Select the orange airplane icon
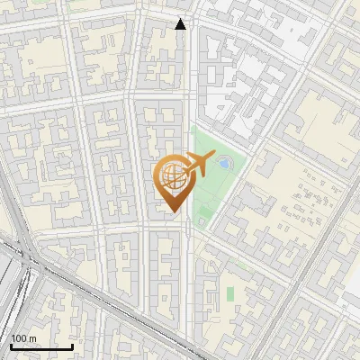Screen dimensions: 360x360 point(195,166)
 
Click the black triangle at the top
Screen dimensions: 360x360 point(181,24)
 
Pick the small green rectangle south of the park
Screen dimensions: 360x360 point(229,293)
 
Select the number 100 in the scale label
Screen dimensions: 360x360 point(18,338)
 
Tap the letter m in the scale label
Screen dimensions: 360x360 point(32,339)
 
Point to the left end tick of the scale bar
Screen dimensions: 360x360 point(11,345)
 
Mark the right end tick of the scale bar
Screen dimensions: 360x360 point(72,345)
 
